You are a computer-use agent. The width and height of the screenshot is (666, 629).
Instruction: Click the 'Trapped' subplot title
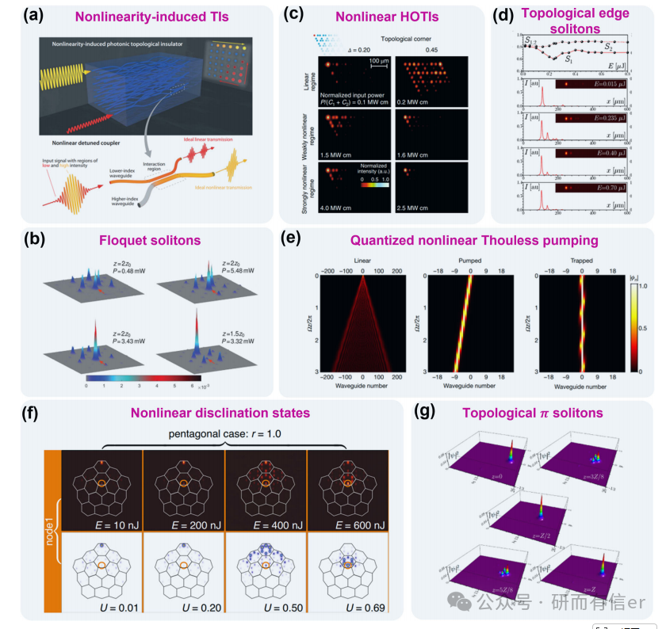coord(581,269)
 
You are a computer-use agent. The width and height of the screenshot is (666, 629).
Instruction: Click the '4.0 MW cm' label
coord(340,209)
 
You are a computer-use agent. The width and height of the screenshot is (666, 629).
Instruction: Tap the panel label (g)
coord(428,414)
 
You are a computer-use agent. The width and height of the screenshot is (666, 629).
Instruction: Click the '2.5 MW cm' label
coord(417,209)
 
